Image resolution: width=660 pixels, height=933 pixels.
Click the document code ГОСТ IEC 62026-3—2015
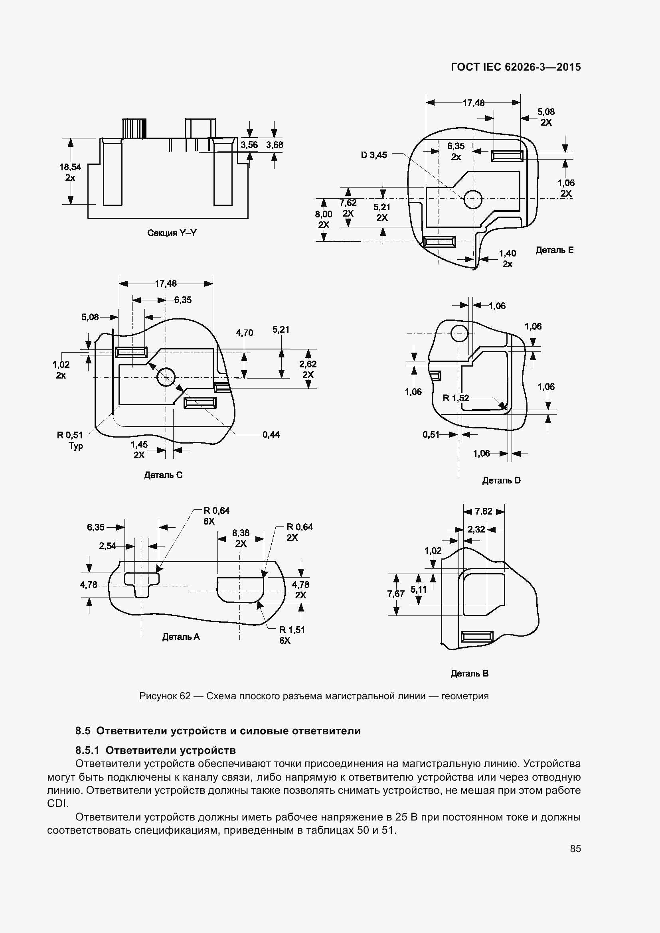tap(516, 67)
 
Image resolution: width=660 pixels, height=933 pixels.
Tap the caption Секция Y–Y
tap(172, 233)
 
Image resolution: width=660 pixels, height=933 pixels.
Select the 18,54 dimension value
tap(70, 167)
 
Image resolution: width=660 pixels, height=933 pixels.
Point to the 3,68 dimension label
tap(274, 145)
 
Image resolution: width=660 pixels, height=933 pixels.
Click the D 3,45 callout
tap(374, 155)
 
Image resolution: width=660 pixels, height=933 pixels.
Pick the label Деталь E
tap(554, 251)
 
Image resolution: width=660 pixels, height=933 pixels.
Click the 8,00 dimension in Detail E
tap(324, 214)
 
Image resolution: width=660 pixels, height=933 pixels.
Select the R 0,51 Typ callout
tap(70, 440)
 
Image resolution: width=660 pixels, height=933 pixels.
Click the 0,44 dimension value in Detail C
tap(271, 435)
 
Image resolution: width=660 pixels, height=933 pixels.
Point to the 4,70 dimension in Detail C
tap(244, 333)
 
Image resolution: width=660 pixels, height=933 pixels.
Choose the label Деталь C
tap(163, 475)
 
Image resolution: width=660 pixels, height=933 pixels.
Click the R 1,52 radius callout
tap(456, 398)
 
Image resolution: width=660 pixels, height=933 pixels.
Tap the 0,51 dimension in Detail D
tap(431, 435)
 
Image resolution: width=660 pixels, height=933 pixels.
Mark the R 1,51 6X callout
tap(292, 635)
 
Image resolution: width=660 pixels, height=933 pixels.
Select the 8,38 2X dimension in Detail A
tap(241, 538)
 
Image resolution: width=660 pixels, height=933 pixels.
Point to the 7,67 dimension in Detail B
tap(396, 594)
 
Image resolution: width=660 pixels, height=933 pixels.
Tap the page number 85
tap(575, 848)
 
